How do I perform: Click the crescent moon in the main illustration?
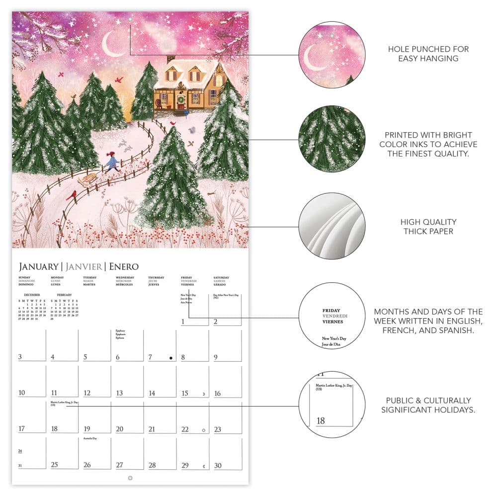point(109,46)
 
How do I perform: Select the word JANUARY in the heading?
point(38,266)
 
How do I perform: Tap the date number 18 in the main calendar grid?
point(54,429)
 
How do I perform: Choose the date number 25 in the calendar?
point(54,465)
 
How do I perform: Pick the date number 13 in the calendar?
point(119,393)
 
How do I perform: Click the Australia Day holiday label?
point(90,439)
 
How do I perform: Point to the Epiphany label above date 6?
point(120,331)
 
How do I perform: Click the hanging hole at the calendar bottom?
point(130,478)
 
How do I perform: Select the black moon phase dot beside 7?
point(171,357)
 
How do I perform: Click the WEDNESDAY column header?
point(125,277)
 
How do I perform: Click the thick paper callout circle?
point(332,226)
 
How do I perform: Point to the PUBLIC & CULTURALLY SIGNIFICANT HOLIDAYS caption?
point(428,405)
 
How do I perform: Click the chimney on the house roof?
point(170,60)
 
